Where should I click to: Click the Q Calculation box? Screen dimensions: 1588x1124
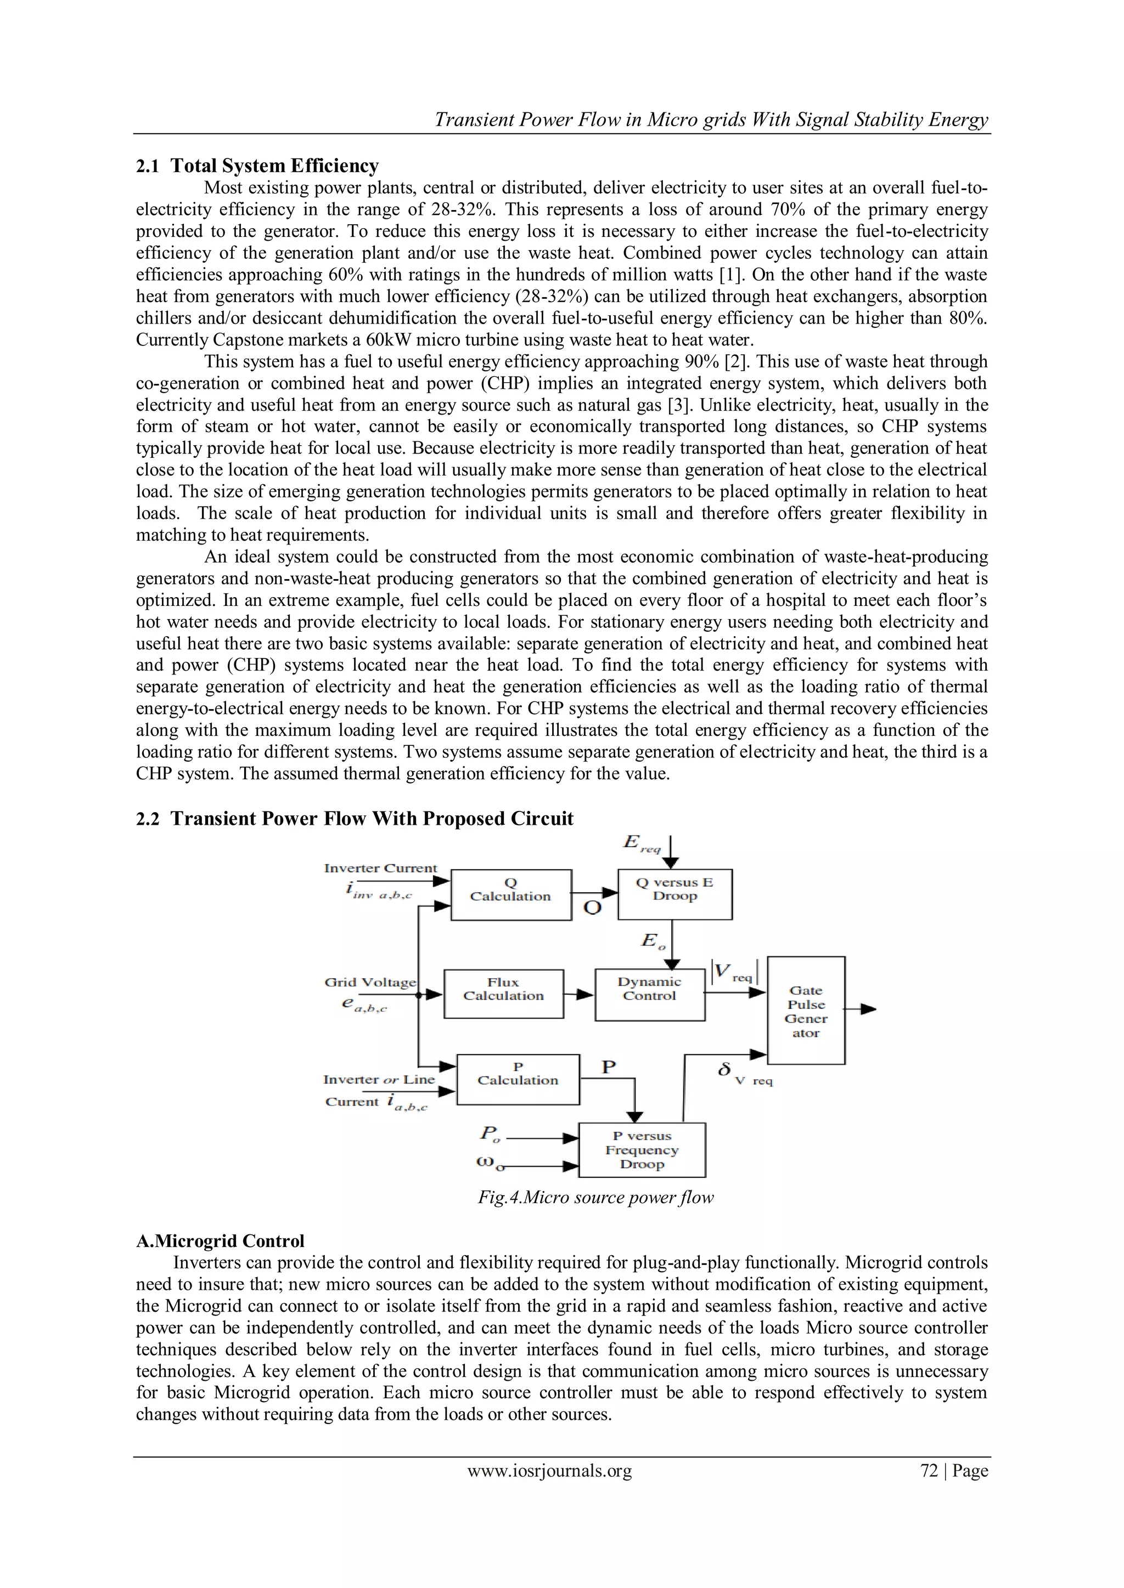click(511, 894)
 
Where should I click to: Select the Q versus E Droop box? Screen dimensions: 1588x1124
click(675, 894)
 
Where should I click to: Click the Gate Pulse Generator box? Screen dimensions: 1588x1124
click(806, 1010)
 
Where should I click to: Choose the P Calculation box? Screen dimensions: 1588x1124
click(518, 1079)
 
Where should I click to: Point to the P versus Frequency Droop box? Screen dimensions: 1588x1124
click(642, 1149)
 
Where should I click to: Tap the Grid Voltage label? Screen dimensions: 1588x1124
click(370, 982)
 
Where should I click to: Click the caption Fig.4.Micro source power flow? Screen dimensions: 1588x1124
click(595, 1197)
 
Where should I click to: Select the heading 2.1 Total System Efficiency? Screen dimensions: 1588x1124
click(257, 166)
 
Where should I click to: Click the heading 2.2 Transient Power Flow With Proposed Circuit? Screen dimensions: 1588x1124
click(355, 818)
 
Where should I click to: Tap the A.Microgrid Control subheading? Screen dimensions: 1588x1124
click(220, 1241)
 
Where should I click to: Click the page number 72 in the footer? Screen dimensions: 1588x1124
click(929, 1471)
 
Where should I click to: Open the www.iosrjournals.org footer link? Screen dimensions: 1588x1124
click(549, 1471)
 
